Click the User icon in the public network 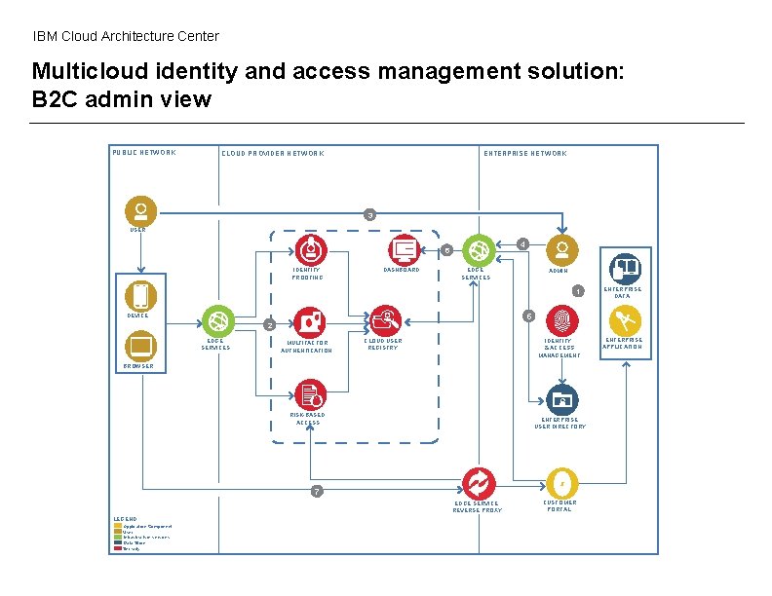pos(140,210)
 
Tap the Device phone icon pos(140,296)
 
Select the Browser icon pos(140,346)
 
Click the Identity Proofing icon pos(308,248)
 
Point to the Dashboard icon pos(403,249)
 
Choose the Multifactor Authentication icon pos(308,320)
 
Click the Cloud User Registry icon pos(384,319)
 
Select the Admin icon pos(560,249)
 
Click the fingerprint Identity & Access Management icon pos(560,320)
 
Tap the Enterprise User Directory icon pos(560,399)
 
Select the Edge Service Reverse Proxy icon pos(478,483)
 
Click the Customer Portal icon pos(560,483)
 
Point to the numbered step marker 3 pos(369,214)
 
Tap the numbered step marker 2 pos(270,325)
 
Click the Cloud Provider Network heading pos(273,153)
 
